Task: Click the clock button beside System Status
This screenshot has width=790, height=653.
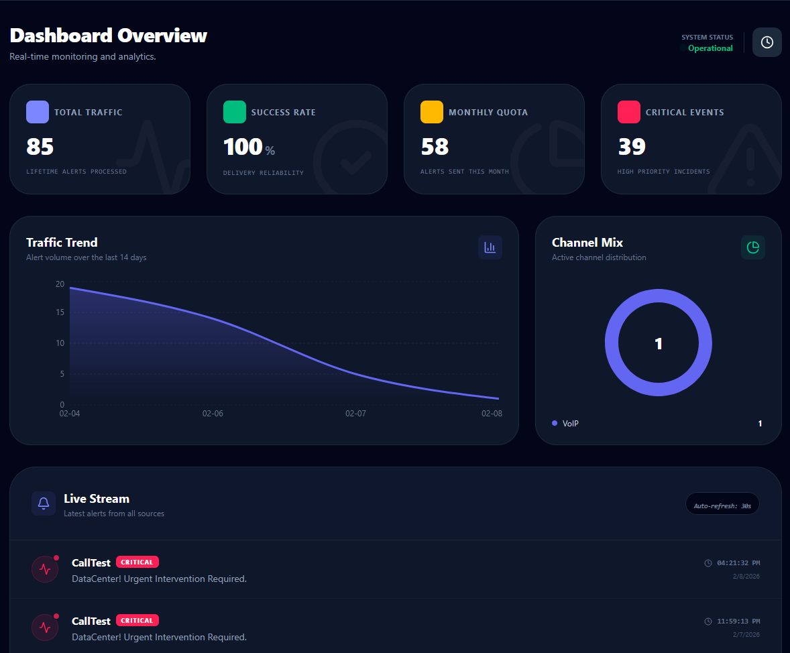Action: [767, 42]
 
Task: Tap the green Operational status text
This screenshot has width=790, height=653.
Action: [710, 48]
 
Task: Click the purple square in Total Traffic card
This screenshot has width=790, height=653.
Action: [38, 112]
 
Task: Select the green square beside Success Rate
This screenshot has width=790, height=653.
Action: [235, 112]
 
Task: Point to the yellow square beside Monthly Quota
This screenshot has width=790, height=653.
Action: [432, 112]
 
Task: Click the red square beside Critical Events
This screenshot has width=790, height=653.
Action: [629, 112]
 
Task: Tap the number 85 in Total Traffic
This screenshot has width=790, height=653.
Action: [40, 147]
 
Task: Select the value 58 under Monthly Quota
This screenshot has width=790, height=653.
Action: [435, 147]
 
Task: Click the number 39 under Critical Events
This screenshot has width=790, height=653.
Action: [632, 147]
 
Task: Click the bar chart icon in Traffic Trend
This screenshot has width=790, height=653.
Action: [490, 247]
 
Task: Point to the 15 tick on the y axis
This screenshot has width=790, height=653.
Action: [60, 312]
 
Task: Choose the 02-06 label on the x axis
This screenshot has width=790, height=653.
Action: [213, 414]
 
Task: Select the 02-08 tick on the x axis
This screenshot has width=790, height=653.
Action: [492, 414]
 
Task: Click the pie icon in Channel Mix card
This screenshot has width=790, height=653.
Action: [753, 247]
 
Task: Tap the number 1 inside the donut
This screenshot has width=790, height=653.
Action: [659, 344]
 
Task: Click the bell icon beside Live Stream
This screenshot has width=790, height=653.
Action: [44, 503]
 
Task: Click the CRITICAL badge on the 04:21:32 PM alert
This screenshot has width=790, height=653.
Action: [137, 562]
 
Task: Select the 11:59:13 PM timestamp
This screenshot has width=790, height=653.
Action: [738, 621]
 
